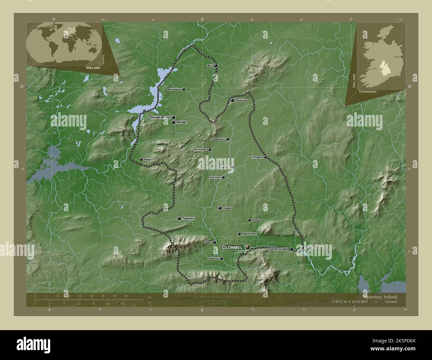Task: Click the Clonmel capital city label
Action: [x=232, y=247]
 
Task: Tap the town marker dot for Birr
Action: [x=216, y=66]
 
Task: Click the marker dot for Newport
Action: [x=141, y=159]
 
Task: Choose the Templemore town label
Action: [x=218, y=139]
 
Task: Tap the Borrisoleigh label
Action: [x=200, y=149]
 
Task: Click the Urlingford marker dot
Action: [x=266, y=157]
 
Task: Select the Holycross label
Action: [x=215, y=177]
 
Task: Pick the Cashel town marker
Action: [x=220, y=208]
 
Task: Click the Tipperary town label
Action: [x=188, y=219]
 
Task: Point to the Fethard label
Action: [x=257, y=220]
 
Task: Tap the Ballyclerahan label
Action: [x=250, y=234]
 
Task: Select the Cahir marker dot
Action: [x=215, y=242]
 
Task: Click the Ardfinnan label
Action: [x=213, y=258]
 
